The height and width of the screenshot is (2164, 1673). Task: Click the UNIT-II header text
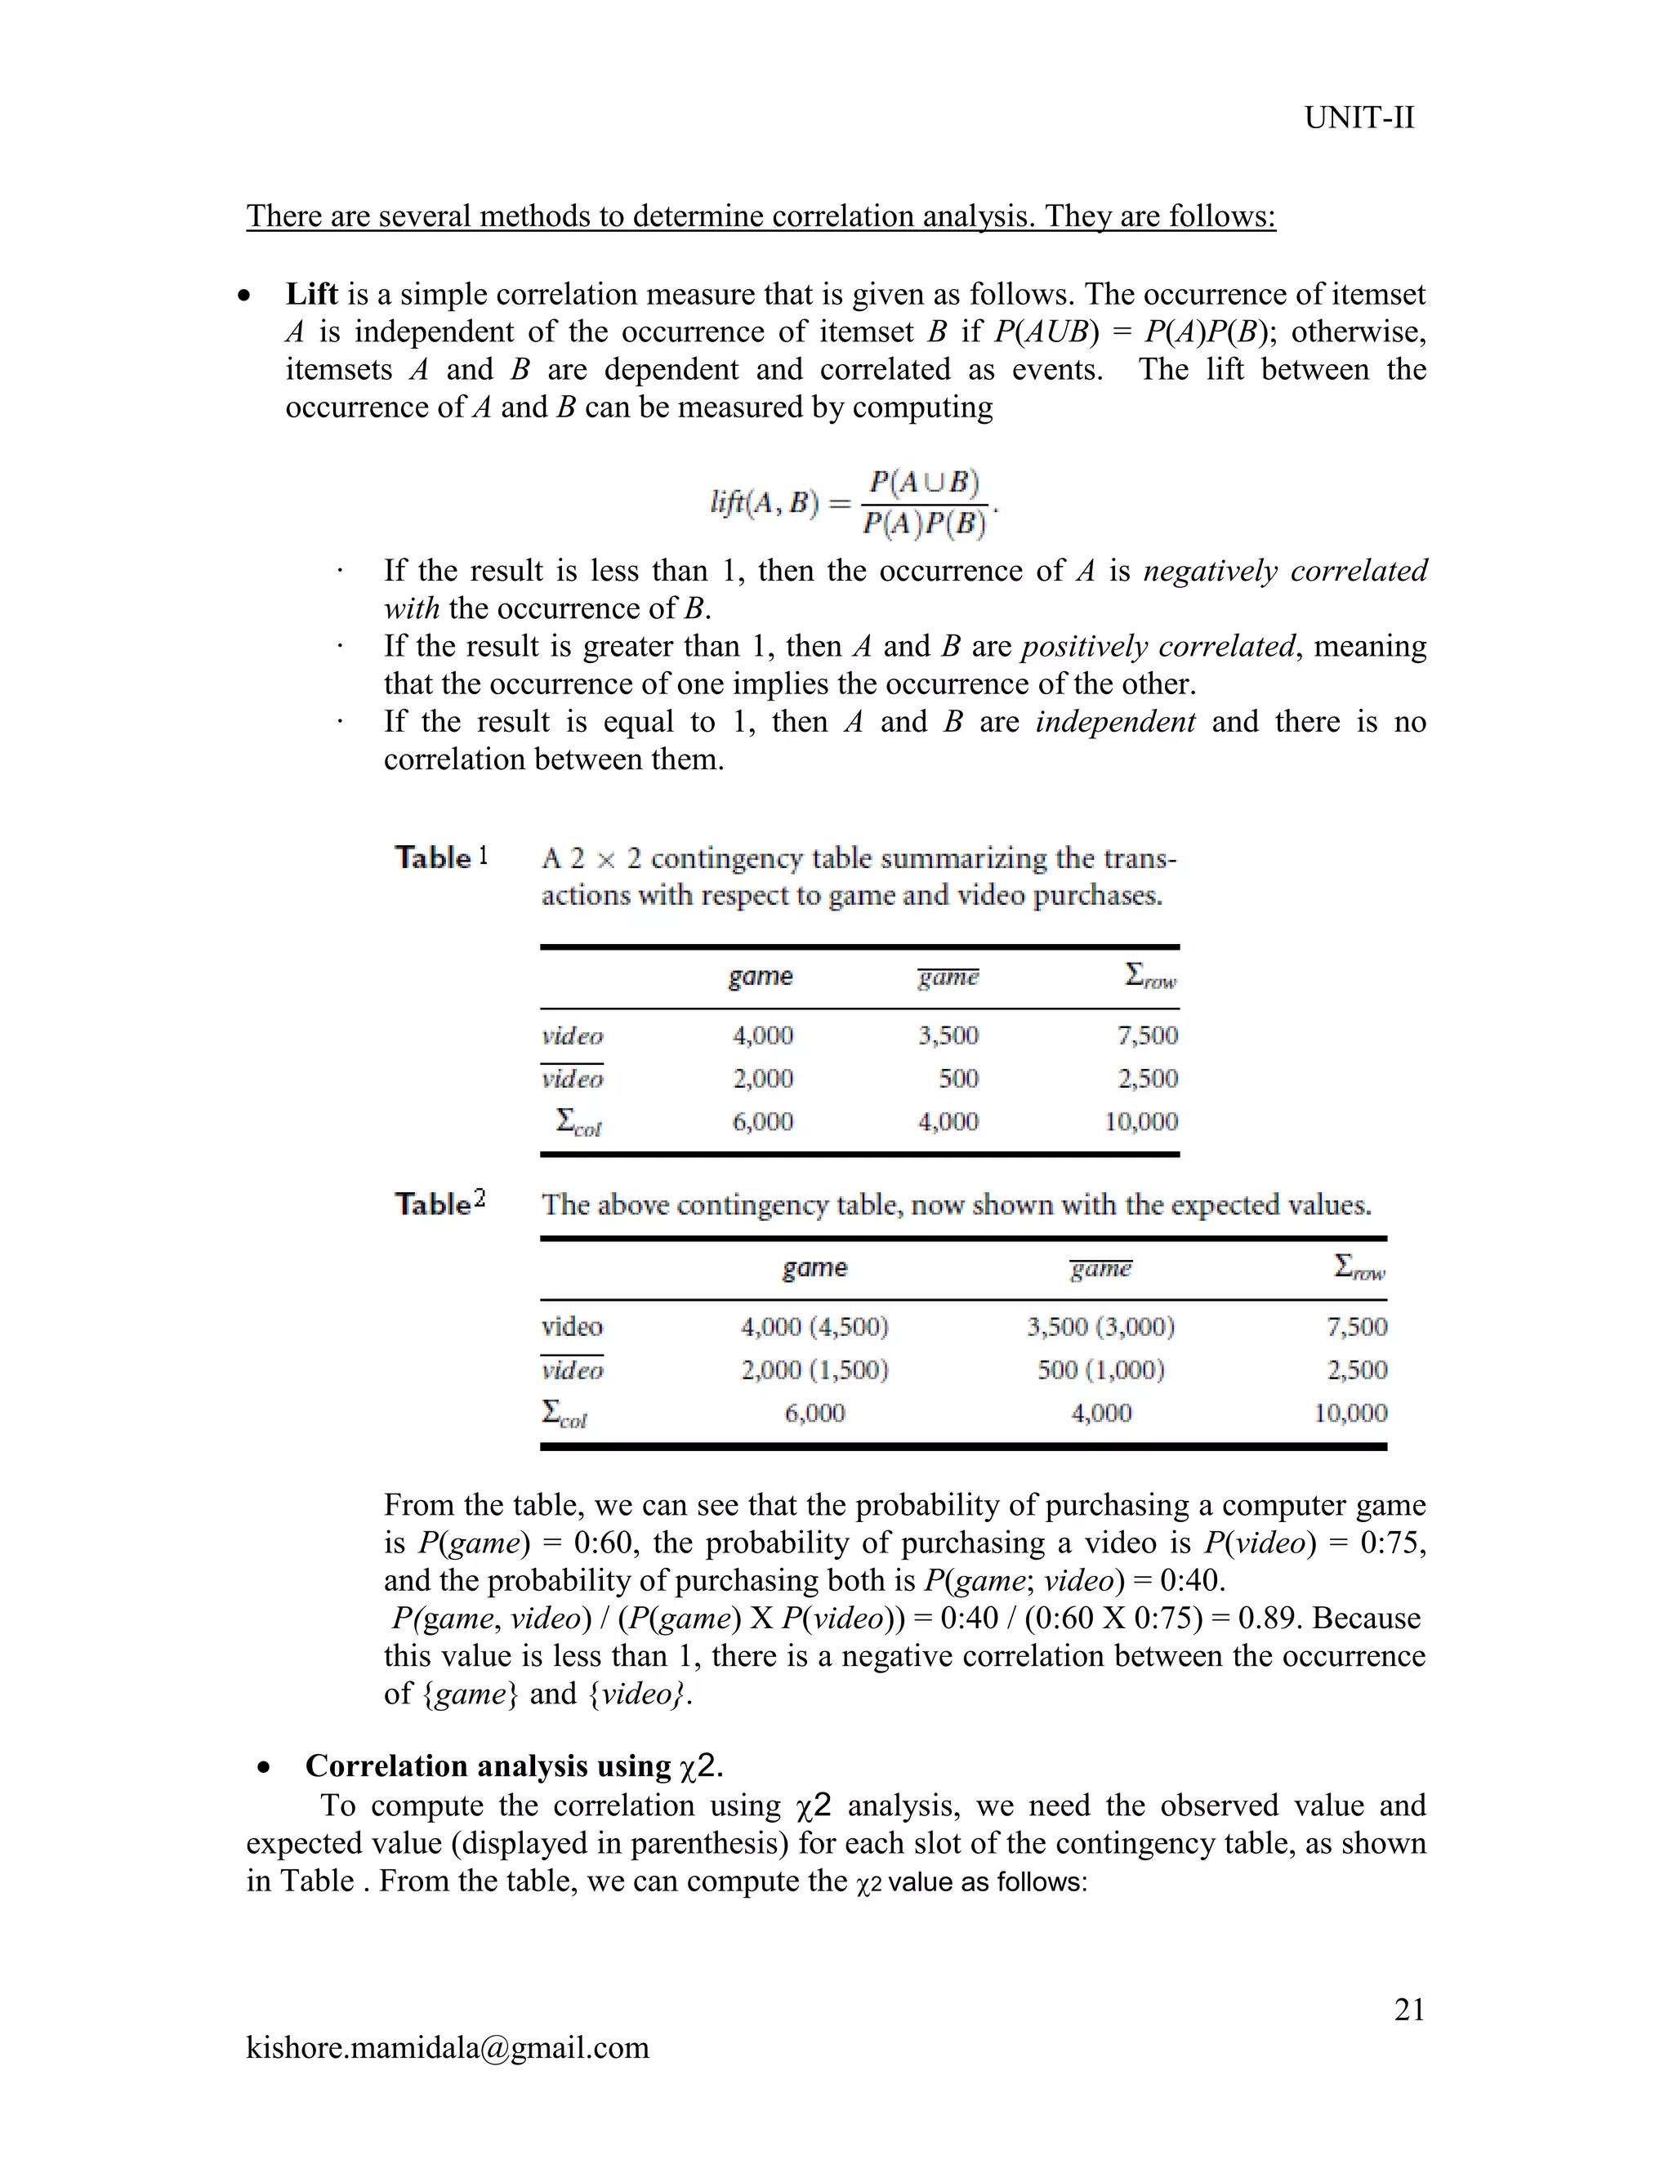click(1358, 118)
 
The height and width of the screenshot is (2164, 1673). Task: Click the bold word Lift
click(311, 294)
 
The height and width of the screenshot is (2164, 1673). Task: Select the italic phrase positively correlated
click(1158, 646)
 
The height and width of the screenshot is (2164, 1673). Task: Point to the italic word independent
click(1115, 721)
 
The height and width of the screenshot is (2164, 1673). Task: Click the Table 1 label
click(441, 857)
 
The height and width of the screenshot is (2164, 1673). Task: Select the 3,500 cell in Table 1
click(948, 1035)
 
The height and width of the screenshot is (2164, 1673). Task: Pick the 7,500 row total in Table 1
click(1147, 1035)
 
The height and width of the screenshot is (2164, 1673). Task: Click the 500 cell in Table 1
click(957, 1078)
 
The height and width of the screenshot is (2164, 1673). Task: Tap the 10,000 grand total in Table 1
click(1140, 1122)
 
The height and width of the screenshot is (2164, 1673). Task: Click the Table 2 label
click(440, 1203)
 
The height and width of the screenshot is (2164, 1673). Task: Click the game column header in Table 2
click(814, 1268)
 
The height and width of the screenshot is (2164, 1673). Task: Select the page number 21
click(1408, 2010)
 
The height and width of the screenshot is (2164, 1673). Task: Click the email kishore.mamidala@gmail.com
click(447, 2047)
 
